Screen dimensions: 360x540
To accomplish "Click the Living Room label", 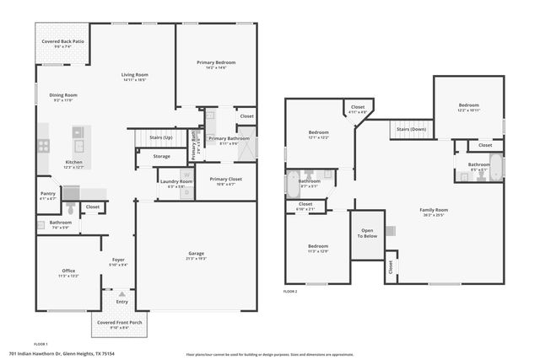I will (x=134, y=76).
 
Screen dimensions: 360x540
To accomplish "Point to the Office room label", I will (x=69, y=271).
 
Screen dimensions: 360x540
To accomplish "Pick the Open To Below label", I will (x=367, y=233).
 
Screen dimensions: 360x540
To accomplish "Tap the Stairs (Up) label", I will (x=160, y=137).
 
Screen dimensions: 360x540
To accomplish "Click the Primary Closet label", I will (x=226, y=179).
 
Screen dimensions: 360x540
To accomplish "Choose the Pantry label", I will (x=48, y=194).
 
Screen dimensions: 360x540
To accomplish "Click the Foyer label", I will (x=118, y=261).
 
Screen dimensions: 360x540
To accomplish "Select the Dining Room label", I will (x=63, y=95).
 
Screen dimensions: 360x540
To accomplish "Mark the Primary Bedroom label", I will (x=217, y=63).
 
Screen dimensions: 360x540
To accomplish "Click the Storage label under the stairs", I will (x=161, y=156).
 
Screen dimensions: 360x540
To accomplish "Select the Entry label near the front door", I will (x=122, y=302).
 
